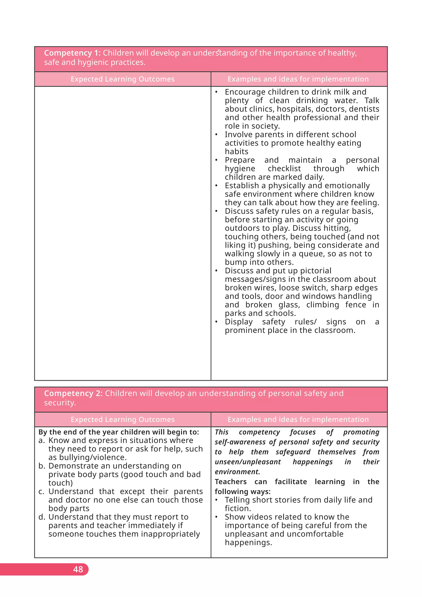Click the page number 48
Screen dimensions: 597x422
coord(78,569)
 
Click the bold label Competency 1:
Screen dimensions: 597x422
coord(72,53)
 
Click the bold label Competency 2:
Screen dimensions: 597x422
coord(73,393)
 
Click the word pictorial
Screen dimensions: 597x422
coord(315,271)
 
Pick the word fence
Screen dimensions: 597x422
coord(355,305)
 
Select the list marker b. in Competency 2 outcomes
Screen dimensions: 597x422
coord(42,466)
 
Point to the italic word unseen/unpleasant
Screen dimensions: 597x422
coord(248,462)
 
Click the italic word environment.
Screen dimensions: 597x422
coord(237,472)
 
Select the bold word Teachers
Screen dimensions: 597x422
coord(231,482)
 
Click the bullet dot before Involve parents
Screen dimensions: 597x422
coord(216,135)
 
